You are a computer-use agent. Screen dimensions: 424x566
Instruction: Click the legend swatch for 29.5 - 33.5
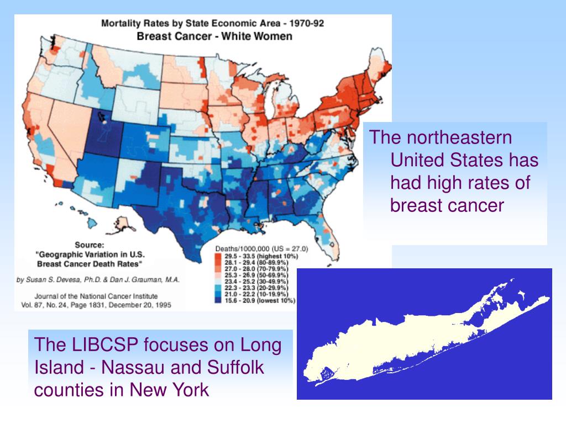click(x=219, y=257)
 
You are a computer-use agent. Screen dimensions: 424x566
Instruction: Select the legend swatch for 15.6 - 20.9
click(x=219, y=301)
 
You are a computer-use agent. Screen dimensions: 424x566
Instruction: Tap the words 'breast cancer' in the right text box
click(x=447, y=205)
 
